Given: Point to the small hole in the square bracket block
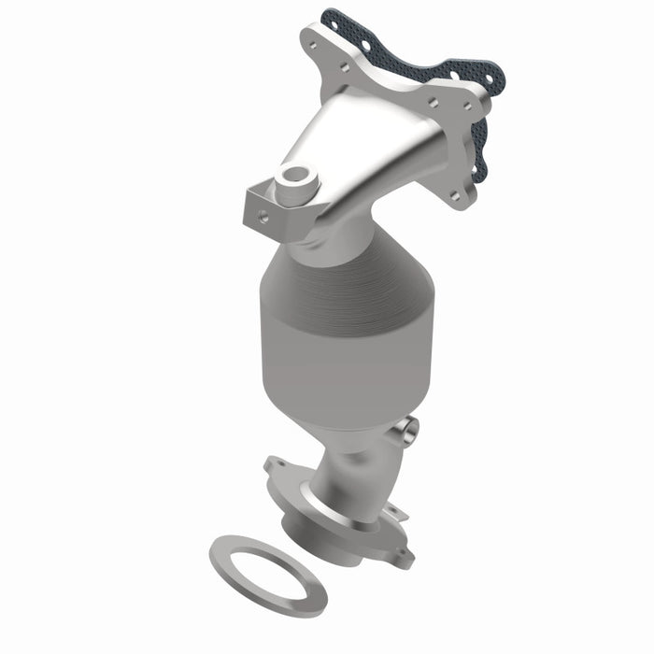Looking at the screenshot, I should (263, 215).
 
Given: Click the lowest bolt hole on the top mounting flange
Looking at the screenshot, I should (454, 196).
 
